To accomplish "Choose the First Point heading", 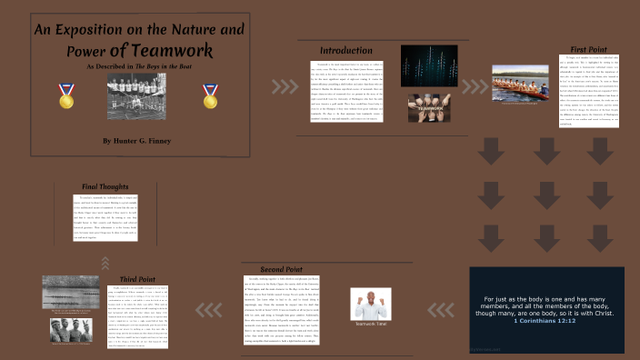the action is click(x=590, y=46).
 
